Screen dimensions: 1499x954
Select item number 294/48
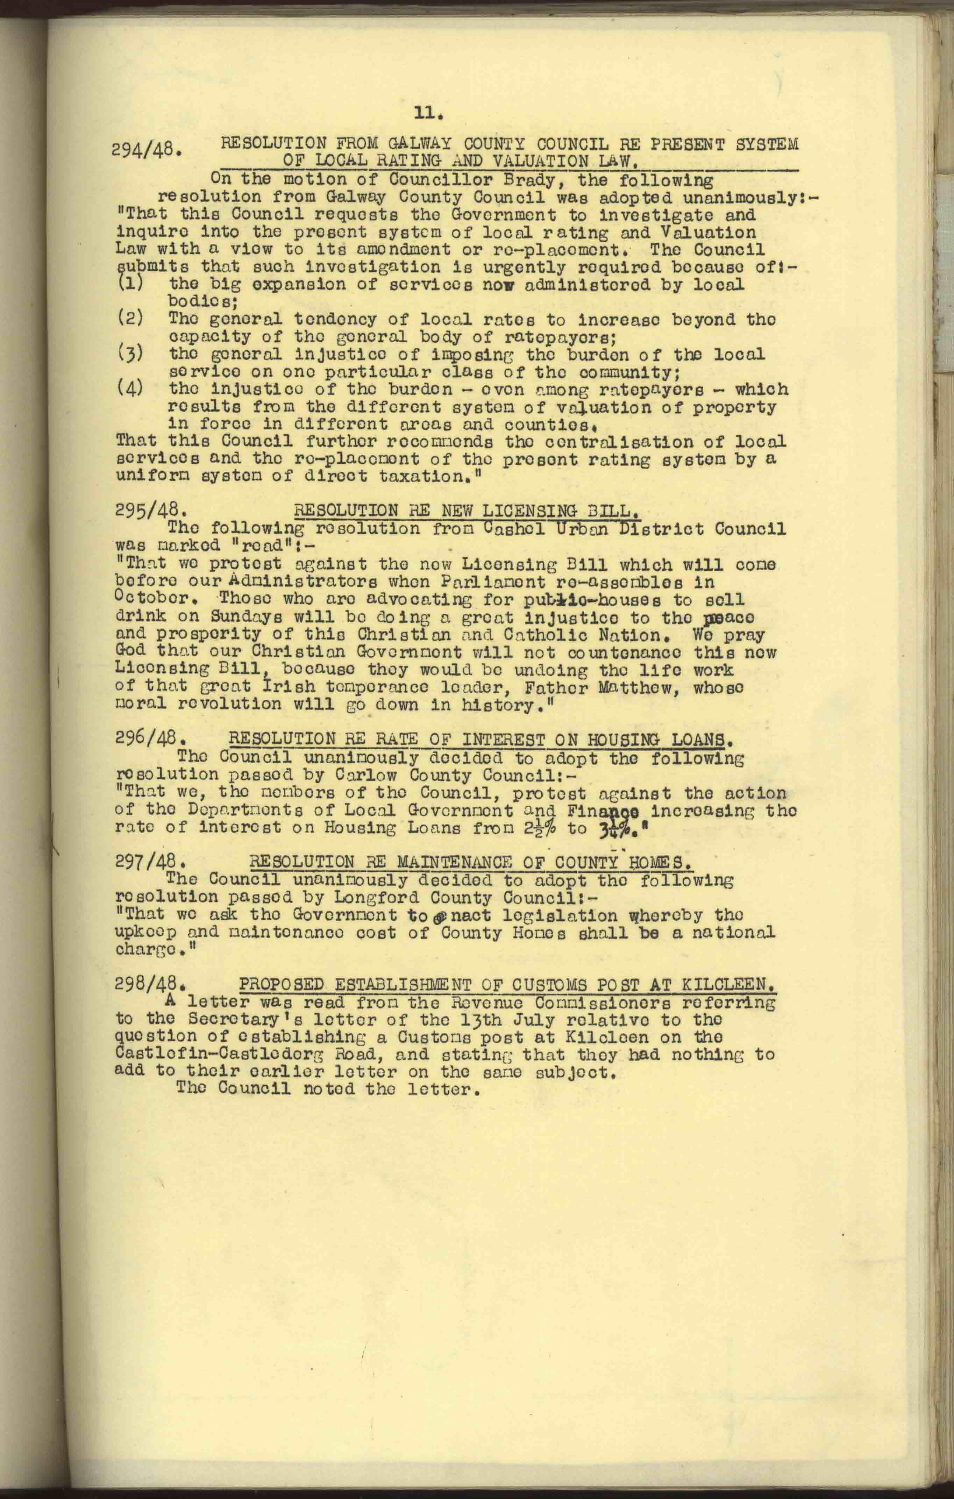click(148, 149)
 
